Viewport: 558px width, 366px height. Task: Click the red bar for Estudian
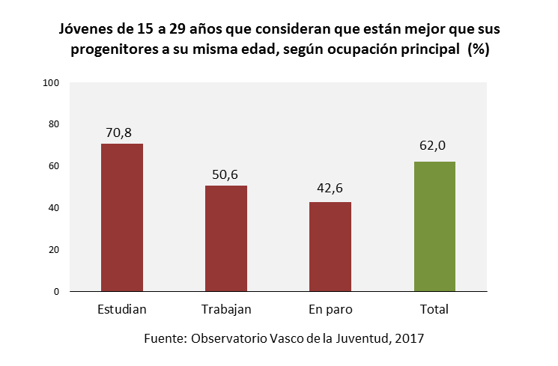point(122,217)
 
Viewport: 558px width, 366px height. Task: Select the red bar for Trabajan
point(226,238)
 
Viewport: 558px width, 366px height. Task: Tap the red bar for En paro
point(330,246)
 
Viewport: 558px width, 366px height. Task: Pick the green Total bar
point(434,226)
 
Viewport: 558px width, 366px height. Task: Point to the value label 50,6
point(226,175)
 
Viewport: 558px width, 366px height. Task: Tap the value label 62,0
point(434,146)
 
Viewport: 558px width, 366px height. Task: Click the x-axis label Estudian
point(122,309)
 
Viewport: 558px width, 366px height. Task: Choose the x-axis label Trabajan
point(226,309)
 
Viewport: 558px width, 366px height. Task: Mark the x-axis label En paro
point(330,309)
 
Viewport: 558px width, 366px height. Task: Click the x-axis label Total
point(434,309)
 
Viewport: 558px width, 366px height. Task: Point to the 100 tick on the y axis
point(51,82)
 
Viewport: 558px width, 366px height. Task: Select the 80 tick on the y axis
point(53,124)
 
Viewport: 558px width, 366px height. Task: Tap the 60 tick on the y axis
point(53,166)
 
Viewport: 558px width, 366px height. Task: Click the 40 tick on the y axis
point(53,208)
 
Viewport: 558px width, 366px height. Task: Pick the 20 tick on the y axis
point(53,250)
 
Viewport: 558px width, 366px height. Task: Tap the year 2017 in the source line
point(410,338)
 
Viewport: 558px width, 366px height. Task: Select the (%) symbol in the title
point(478,49)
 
